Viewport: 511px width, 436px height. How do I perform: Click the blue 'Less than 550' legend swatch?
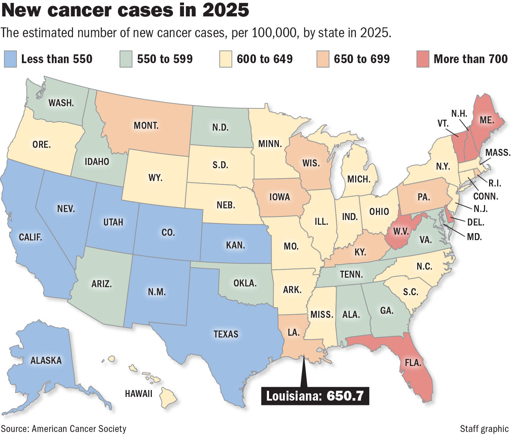point(11,59)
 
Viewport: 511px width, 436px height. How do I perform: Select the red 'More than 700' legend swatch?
point(423,59)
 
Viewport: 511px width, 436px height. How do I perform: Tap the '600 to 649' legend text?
point(265,59)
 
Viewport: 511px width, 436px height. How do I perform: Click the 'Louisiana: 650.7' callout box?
point(315,396)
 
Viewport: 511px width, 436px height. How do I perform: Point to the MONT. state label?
point(146,126)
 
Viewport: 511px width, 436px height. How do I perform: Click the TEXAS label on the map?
point(226,334)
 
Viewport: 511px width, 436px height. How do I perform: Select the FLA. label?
point(413,363)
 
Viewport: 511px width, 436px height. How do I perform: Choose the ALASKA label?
point(46,360)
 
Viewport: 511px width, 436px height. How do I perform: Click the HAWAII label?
point(138,394)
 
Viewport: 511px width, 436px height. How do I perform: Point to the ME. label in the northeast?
point(487,120)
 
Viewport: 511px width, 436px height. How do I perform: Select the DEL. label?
point(475,222)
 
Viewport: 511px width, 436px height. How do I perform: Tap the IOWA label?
point(280,197)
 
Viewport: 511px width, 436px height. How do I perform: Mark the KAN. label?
point(235,245)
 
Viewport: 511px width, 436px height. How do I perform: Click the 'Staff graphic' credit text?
point(484,429)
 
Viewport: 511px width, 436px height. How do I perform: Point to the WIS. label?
point(311,163)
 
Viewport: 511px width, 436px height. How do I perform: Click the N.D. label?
point(220,128)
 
